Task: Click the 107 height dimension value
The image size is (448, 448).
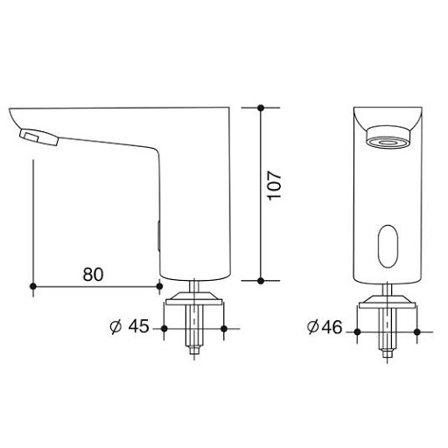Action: click(x=275, y=185)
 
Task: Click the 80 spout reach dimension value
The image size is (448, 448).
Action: click(x=93, y=275)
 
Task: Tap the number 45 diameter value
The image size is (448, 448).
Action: click(x=138, y=326)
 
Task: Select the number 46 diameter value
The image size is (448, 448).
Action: click(x=332, y=327)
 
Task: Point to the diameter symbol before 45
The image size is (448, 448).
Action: click(x=115, y=326)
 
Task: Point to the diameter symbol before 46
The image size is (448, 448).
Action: click(x=313, y=327)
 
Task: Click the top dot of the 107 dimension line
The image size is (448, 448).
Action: click(x=261, y=108)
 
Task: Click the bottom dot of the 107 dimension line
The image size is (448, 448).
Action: click(x=261, y=281)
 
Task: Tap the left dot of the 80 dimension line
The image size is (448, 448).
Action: click(x=33, y=286)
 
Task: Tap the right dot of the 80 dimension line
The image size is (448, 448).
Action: click(x=159, y=286)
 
